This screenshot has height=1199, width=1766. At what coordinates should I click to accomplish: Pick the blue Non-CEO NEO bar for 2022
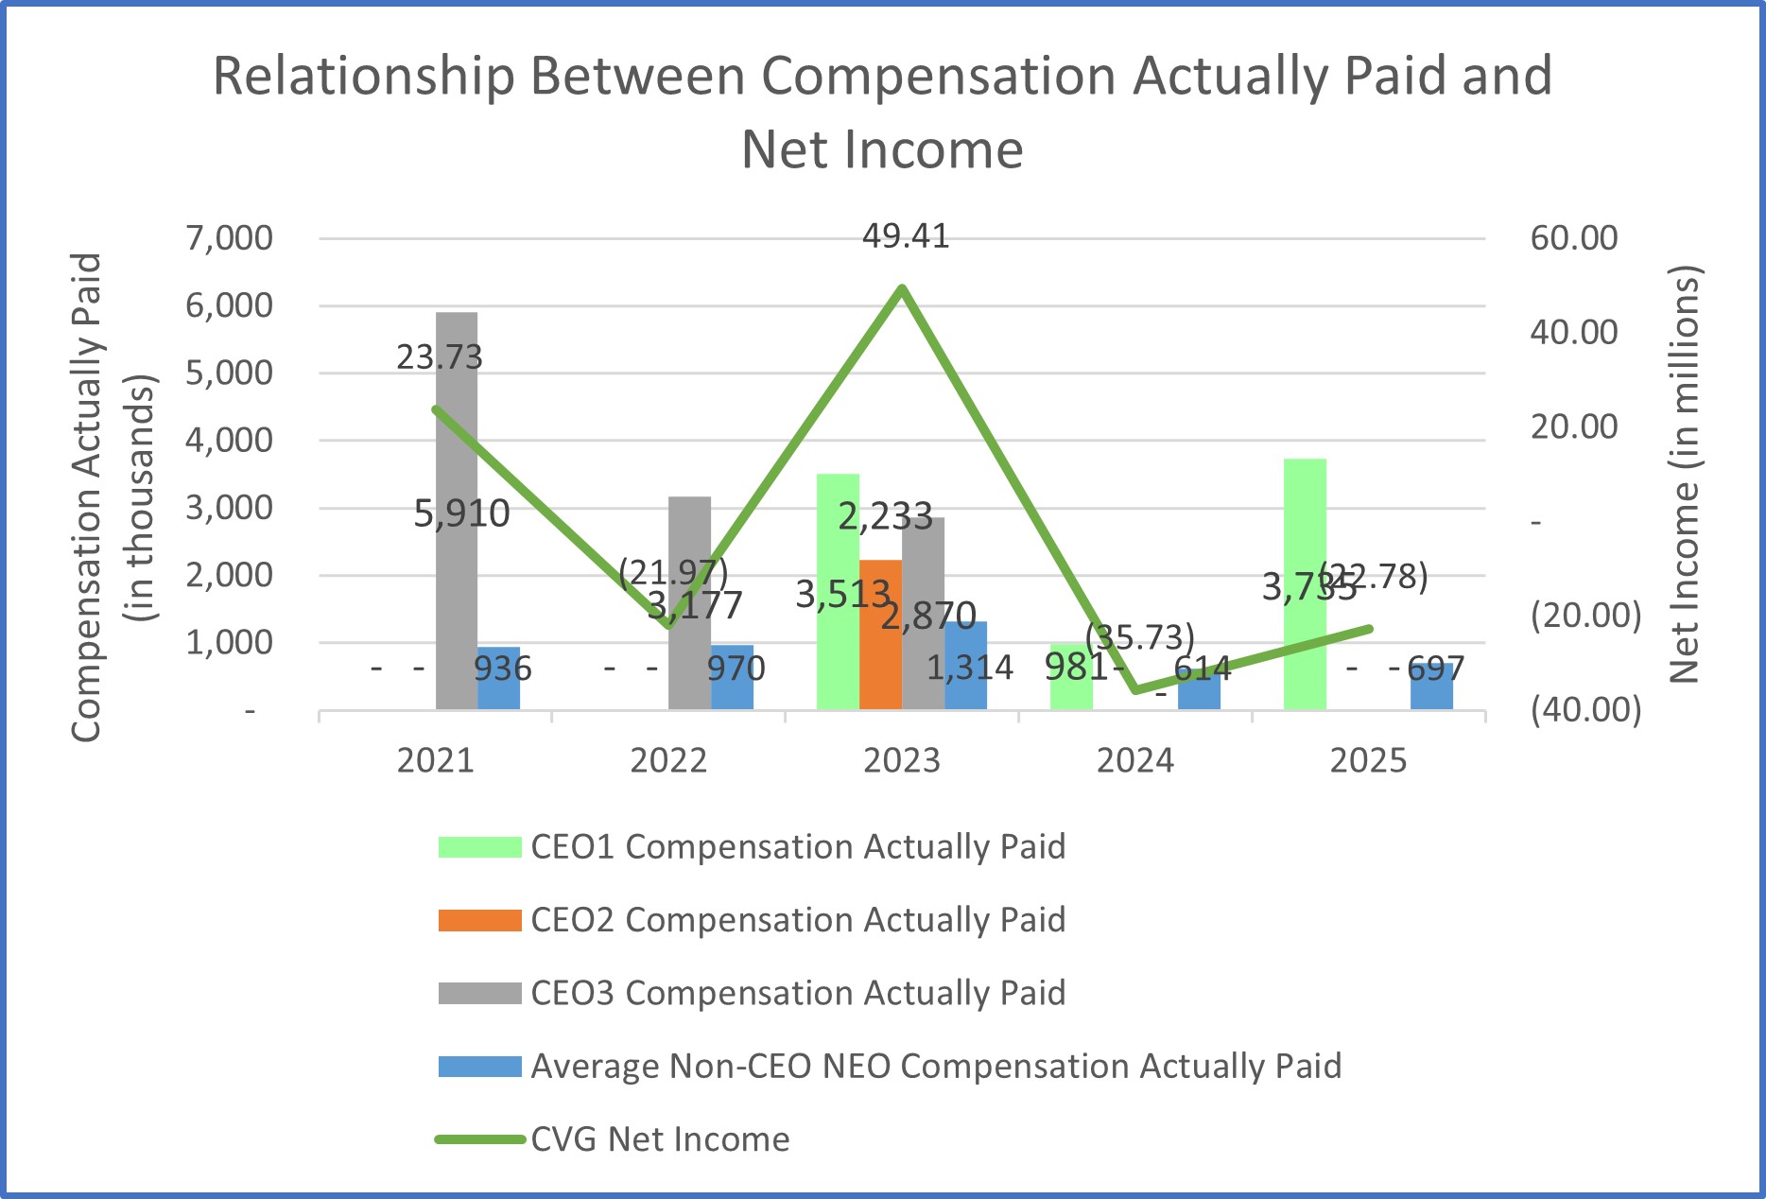coord(732,690)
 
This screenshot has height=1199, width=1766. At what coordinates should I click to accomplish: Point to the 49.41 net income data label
coord(905,236)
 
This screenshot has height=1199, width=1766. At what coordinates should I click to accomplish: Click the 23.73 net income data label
coord(439,357)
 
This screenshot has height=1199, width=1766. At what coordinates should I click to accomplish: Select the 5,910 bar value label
coord(461,513)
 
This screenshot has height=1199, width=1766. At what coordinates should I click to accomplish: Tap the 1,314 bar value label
coord(969,669)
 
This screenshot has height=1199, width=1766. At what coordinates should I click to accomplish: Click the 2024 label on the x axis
coord(1134,761)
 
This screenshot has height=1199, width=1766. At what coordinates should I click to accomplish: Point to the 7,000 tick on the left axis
coord(229,238)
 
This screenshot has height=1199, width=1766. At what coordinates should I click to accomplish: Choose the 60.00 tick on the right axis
coord(1573,238)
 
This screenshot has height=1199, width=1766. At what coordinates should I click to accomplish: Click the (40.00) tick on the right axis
coord(1585,709)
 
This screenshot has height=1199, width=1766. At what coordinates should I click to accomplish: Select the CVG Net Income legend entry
coord(659,1139)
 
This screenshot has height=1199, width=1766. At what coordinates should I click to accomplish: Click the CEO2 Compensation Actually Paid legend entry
coord(797,920)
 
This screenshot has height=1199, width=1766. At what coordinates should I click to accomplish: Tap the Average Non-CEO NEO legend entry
coord(935,1067)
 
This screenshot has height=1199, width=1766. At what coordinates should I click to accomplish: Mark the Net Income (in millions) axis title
coord(1684,473)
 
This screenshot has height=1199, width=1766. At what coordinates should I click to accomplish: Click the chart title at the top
coord(881,112)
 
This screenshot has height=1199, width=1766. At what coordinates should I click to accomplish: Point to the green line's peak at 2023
coord(903,287)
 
